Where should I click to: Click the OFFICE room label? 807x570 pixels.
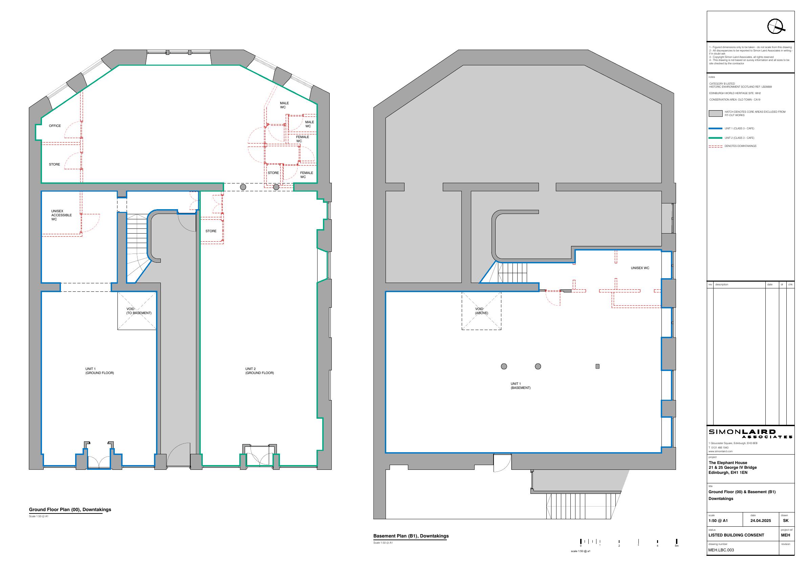pyautogui.click(x=55, y=126)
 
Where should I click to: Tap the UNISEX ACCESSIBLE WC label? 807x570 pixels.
pyautogui.click(x=62, y=215)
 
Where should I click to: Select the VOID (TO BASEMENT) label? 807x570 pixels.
pyautogui.click(x=139, y=311)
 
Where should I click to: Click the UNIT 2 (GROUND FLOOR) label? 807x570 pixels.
pyautogui.click(x=259, y=371)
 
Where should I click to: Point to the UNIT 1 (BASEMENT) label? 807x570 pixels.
pyautogui.click(x=521, y=386)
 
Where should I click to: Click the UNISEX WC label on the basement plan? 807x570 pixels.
pyautogui.click(x=640, y=268)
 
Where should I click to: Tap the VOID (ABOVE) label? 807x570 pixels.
pyautogui.click(x=482, y=311)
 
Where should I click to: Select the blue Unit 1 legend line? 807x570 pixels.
pyautogui.click(x=715, y=129)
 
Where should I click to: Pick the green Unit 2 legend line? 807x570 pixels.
pyautogui.click(x=715, y=138)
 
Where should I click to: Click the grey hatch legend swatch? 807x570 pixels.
pyautogui.click(x=715, y=113)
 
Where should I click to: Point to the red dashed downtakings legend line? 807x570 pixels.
pyautogui.click(x=715, y=146)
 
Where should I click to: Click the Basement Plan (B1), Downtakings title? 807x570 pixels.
pyautogui.click(x=411, y=536)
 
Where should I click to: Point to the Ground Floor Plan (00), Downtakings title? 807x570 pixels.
pyautogui.click(x=70, y=509)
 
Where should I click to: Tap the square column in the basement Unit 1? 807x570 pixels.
pyautogui.click(x=597, y=367)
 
